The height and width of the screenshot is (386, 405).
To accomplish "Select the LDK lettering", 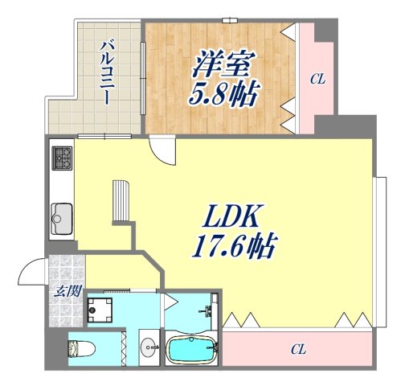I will [x=233, y=216].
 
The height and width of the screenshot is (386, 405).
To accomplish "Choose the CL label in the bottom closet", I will [x=298, y=349].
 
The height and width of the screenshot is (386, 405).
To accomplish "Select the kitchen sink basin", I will [x=61, y=216].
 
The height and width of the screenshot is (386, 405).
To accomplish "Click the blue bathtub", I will [x=191, y=350].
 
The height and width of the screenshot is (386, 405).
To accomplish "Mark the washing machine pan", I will [x=103, y=309].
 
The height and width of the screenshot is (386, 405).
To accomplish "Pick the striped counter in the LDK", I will [x=121, y=201].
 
